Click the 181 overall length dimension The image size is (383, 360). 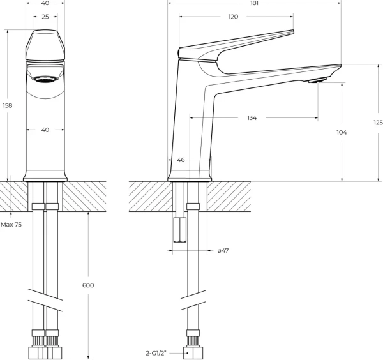pyautogui.click(x=254, y=3)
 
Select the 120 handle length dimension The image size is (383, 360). pyautogui.click(x=233, y=17)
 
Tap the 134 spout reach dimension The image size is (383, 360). pyautogui.click(x=252, y=118)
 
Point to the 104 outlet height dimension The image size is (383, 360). pyautogui.click(x=342, y=132)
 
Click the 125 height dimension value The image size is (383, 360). pyautogui.click(x=379, y=123)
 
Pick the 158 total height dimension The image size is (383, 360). pyautogui.click(x=7, y=105)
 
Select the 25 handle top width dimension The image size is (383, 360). pyautogui.click(x=45, y=17)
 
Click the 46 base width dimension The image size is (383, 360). pyautogui.click(x=181, y=160)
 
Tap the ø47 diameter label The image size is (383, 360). pyautogui.click(x=223, y=251)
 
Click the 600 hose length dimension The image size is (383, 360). pyautogui.click(x=88, y=285)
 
